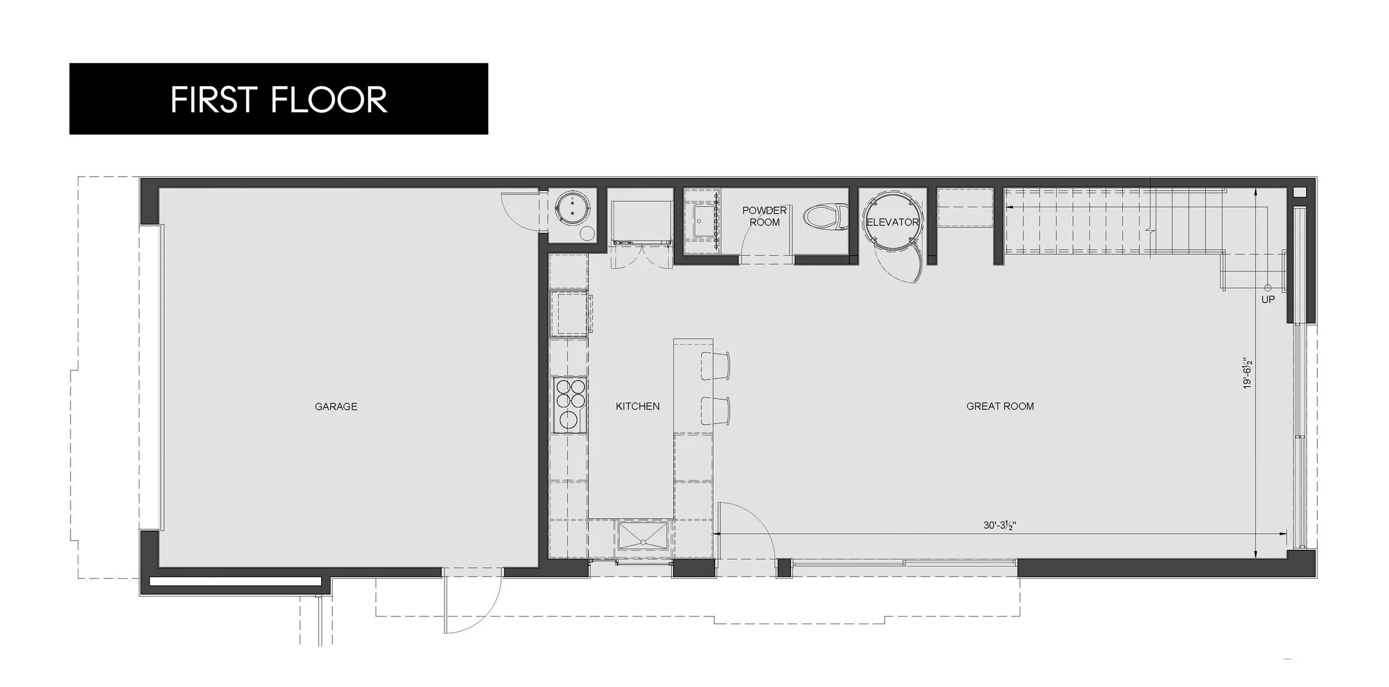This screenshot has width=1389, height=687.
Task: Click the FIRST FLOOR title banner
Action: point(278,99)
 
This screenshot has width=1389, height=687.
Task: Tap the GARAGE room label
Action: point(336,407)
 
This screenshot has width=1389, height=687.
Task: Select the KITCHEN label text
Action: point(637,407)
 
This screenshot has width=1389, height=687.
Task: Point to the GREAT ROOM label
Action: point(1000,407)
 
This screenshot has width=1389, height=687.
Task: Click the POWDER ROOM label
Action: point(765,216)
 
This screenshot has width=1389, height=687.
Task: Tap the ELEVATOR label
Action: point(892,222)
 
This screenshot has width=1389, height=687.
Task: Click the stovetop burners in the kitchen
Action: point(570,404)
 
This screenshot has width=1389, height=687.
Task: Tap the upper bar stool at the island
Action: point(715,366)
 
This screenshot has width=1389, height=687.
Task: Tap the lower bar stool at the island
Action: point(715,411)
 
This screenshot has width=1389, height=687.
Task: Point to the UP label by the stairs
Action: point(1268,299)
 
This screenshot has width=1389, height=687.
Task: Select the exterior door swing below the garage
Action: point(472,603)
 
